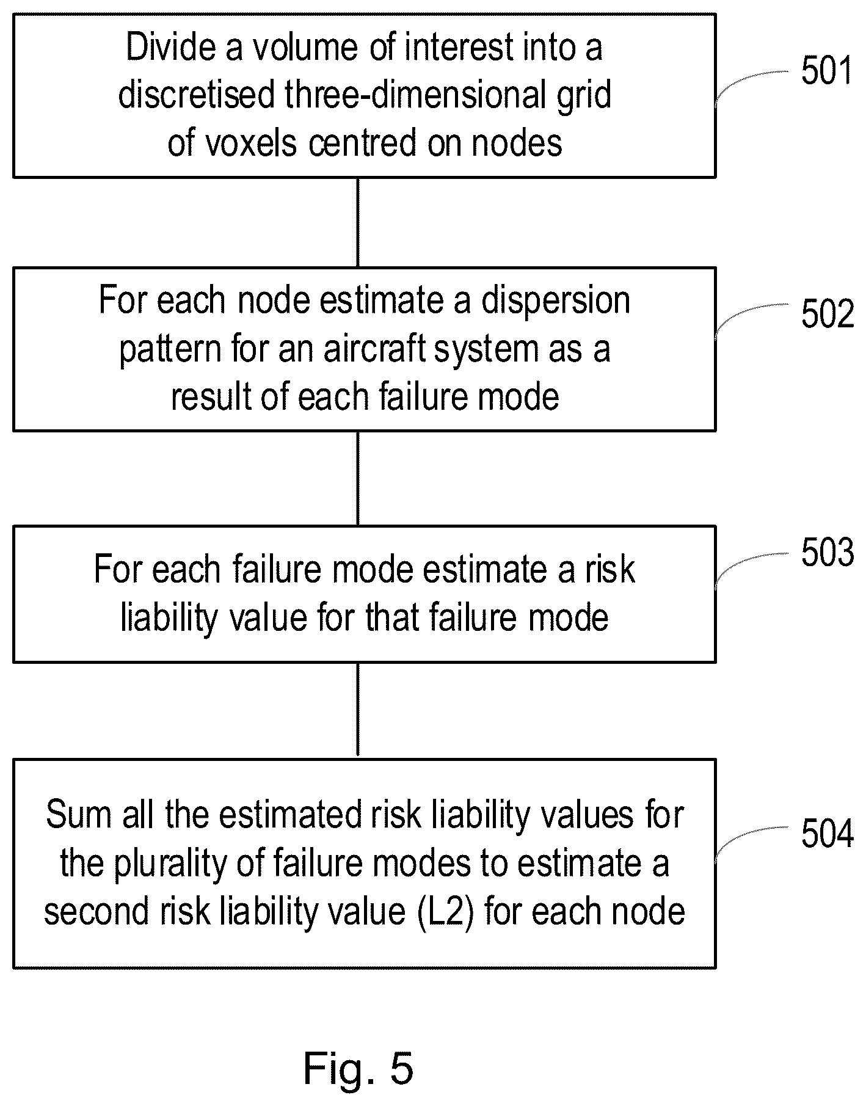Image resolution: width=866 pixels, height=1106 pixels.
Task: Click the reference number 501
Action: (827, 71)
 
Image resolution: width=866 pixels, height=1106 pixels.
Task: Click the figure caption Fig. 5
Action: (358, 1069)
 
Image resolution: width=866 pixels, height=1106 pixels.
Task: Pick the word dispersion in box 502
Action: (556, 300)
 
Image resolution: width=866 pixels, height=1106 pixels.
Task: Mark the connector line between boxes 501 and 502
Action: (358, 222)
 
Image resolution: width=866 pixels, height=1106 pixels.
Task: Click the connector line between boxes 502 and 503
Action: (358, 478)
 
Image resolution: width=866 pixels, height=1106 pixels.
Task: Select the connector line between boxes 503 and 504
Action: (358, 711)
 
